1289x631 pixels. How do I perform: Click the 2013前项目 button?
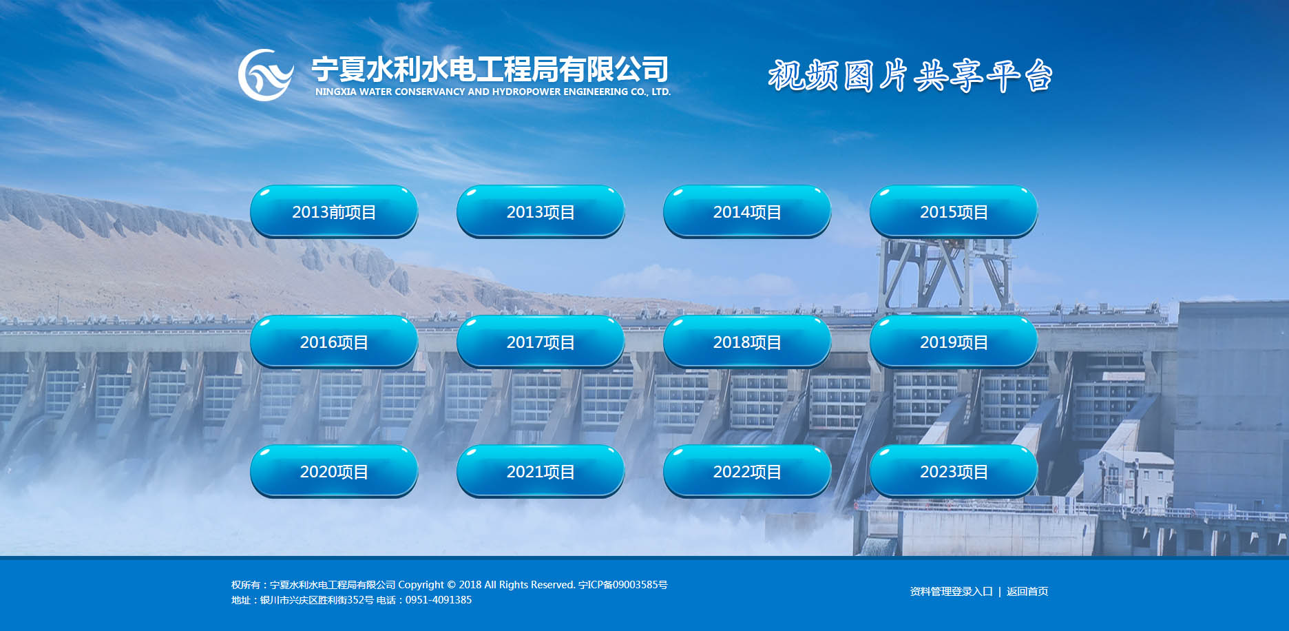click(x=334, y=211)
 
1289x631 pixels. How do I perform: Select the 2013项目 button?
click(x=541, y=211)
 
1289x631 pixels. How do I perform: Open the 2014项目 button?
click(x=747, y=211)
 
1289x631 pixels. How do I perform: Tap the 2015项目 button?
click(x=954, y=211)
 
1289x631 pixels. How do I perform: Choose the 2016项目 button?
click(x=334, y=342)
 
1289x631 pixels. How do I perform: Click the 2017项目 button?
click(x=541, y=342)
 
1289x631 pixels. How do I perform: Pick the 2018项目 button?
click(x=747, y=342)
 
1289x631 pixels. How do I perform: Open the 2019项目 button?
click(x=954, y=342)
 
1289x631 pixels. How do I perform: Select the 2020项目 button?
click(x=334, y=471)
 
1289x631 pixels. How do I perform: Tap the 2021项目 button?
click(x=541, y=471)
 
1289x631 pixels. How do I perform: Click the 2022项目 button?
click(x=747, y=471)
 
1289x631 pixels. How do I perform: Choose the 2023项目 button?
click(x=954, y=471)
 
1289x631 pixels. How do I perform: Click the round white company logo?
click(x=266, y=75)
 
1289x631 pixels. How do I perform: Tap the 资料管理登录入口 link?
click(x=951, y=591)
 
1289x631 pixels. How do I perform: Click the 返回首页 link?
click(x=1027, y=591)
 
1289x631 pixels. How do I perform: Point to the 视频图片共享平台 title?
click(x=910, y=75)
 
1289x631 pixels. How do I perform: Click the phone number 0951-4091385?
click(x=439, y=600)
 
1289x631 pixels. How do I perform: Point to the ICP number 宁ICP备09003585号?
click(x=623, y=585)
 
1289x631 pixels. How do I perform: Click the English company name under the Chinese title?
click(x=493, y=92)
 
